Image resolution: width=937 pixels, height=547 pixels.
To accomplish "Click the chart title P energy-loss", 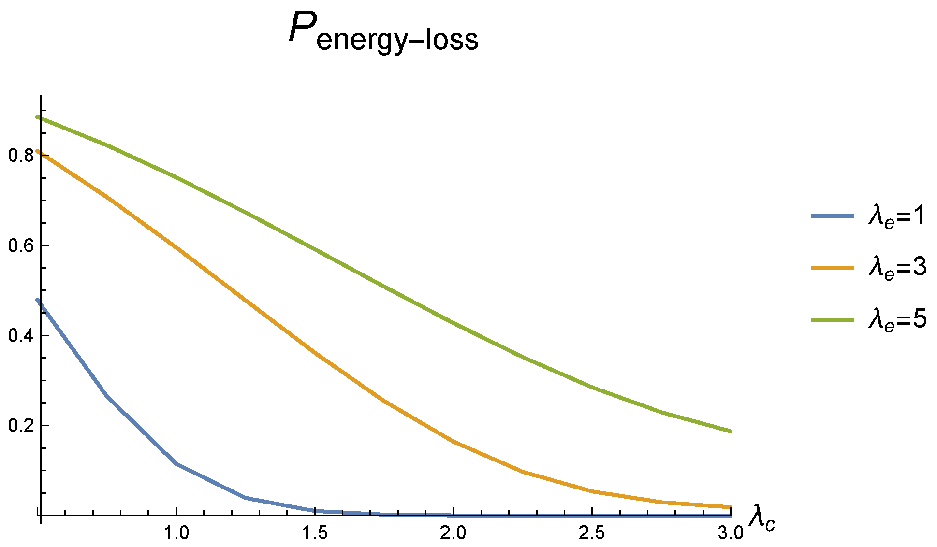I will pyautogui.click(x=383, y=32).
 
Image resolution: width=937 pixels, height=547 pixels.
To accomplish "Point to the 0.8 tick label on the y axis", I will pyautogui.click(x=20, y=156).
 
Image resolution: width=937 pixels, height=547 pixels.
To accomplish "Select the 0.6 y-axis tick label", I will pyautogui.click(x=20, y=245).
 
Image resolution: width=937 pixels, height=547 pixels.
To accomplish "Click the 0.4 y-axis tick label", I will pyautogui.click(x=20, y=336).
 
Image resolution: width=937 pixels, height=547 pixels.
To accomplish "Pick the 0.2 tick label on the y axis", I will pyautogui.click(x=20, y=426).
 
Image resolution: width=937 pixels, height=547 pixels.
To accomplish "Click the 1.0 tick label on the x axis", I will pyautogui.click(x=176, y=533).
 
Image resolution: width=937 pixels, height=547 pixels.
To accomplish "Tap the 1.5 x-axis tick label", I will pyautogui.click(x=315, y=533).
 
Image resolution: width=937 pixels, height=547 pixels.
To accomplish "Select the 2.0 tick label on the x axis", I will pyautogui.click(x=453, y=533).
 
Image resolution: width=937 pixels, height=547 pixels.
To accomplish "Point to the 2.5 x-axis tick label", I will pyautogui.click(x=592, y=533).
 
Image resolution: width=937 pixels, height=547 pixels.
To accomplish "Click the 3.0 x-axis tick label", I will pyautogui.click(x=730, y=533).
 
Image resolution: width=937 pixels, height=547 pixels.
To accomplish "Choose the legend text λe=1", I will pyautogui.click(x=897, y=216).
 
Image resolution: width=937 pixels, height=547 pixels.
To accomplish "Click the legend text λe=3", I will pyautogui.click(x=897, y=267).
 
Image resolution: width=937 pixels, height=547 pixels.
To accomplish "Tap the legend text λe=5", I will pyautogui.click(x=897, y=319).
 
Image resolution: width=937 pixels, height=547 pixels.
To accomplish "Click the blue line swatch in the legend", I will pyautogui.click(x=832, y=216).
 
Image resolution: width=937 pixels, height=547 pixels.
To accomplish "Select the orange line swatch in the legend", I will pyautogui.click(x=832, y=267).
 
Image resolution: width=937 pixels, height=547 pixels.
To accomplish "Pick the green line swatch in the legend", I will pyautogui.click(x=832, y=319).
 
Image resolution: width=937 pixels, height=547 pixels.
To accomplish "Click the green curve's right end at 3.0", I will pyautogui.click(x=730, y=431).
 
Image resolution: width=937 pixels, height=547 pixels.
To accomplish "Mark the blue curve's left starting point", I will pyautogui.click(x=38, y=300).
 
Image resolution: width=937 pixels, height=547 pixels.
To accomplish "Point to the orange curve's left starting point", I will pyautogui.click(x=38, y=151).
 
